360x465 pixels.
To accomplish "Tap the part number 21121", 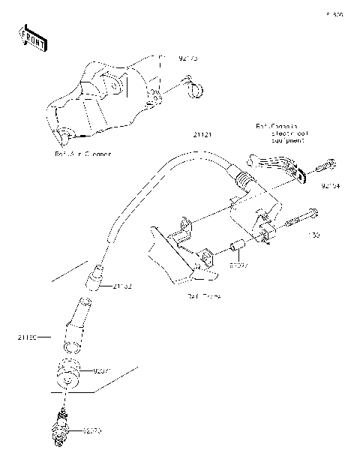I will [x=202, y=136].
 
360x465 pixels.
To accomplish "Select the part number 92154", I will [x=331, y=185].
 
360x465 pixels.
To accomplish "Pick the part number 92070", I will [x=91, y=430].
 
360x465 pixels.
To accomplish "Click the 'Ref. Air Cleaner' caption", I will [x=83, y=154].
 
